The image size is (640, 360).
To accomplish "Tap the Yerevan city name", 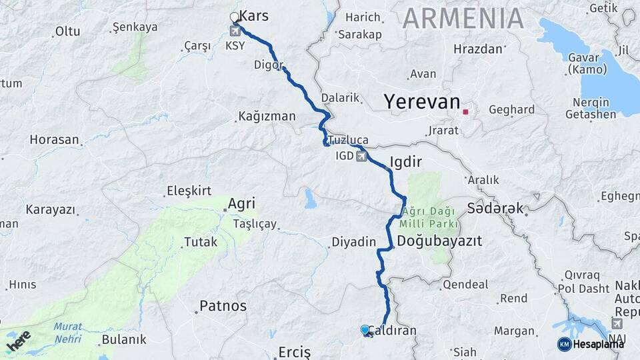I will click(x=421, y=102).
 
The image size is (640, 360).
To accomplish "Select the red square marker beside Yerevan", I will click(x=465, y=111).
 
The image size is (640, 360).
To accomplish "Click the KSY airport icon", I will click(x=235, y=31).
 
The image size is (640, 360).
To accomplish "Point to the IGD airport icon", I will click(x=361, y=157).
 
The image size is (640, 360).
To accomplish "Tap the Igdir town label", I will click(x=406, y=162).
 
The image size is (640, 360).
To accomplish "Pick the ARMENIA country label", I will click(x=463, y=18).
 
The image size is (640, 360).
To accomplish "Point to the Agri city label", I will click(x=241, y=203).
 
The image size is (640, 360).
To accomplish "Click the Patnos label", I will click(x=223, y=307).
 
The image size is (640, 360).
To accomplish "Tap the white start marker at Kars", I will click(x=234, y=17).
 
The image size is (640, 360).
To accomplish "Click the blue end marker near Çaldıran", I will click(x=365, y=330).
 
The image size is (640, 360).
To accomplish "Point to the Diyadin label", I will click(x=354, y=242).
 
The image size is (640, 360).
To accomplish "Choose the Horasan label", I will click(x=55, y=140).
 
